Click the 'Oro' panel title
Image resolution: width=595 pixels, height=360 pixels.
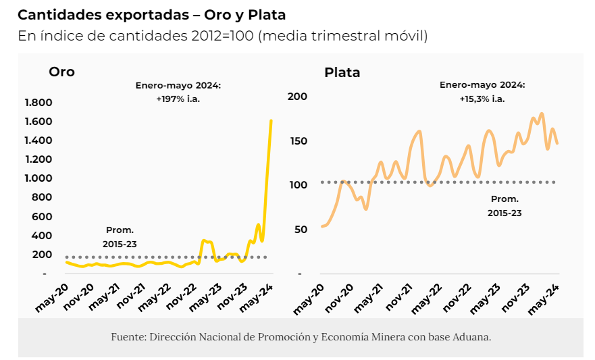pos(61,72)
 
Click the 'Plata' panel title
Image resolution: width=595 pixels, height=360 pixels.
pos(342,72)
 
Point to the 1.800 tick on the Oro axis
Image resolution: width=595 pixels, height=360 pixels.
pos(38,103)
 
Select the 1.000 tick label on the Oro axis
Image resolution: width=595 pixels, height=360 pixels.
pos(38,178)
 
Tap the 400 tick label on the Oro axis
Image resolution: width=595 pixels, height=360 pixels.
pos(43,235)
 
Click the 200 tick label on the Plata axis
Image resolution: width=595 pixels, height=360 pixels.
pos(298,97)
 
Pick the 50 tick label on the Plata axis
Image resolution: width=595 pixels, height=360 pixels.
pos(301,230)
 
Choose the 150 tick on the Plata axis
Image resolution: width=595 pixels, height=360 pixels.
pos(298,141)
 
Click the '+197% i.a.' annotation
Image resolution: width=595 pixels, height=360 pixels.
pos(178,99)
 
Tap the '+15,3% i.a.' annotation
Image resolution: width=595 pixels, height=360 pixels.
pos(482,99)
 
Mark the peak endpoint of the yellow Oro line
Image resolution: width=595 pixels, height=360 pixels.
pos(271,121)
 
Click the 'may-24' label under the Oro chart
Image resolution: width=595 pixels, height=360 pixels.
pos(257,298)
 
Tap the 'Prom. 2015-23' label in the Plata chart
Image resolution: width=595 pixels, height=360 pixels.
pos(505,206)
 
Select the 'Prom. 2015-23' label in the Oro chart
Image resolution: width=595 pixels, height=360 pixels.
pos(120,236)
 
